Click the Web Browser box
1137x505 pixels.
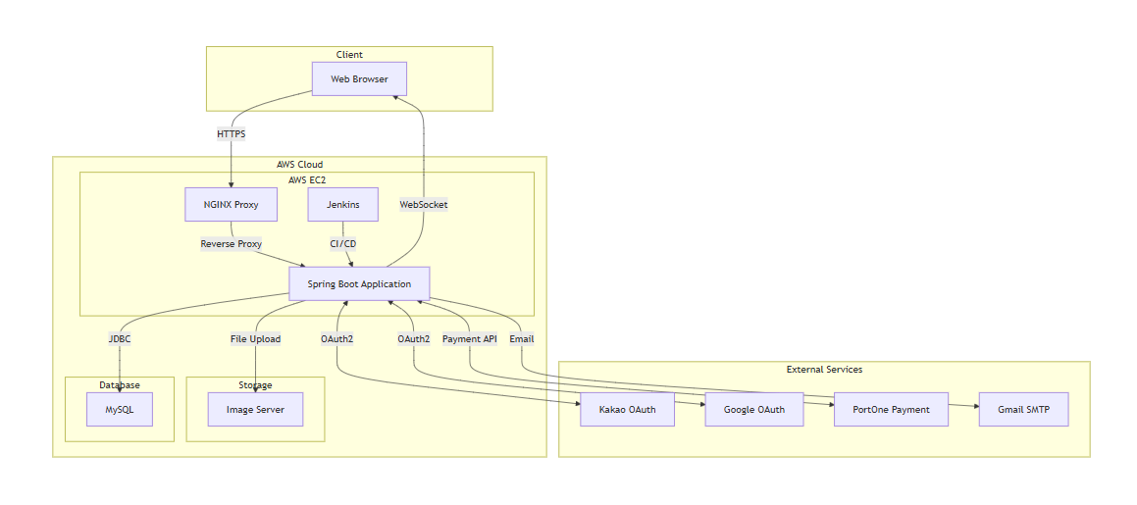click(359, 78)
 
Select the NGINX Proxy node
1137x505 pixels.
click(231, 205)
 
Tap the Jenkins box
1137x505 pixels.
click(342, 205)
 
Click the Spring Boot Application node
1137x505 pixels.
click(359, 284)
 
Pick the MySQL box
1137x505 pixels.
click(119, 409)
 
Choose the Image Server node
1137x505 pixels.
click(255, 409)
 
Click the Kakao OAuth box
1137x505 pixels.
click(627, 409)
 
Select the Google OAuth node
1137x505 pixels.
click(753, 409)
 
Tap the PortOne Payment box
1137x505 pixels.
click(891, 409)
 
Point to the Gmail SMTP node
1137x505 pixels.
click(1023, 409)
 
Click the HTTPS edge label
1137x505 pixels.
click(232, 133)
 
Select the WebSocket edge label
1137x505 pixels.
click(424, 205)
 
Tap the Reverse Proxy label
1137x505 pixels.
click(232, 244)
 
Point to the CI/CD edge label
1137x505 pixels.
click(343, 244)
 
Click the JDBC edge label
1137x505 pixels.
click(120, 339)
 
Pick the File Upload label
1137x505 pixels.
click(255, 339)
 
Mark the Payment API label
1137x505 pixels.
click(470, 339)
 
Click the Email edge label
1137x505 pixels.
click(522, 339)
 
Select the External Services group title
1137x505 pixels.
click(824, 370)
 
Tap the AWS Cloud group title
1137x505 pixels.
click(299, 165)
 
